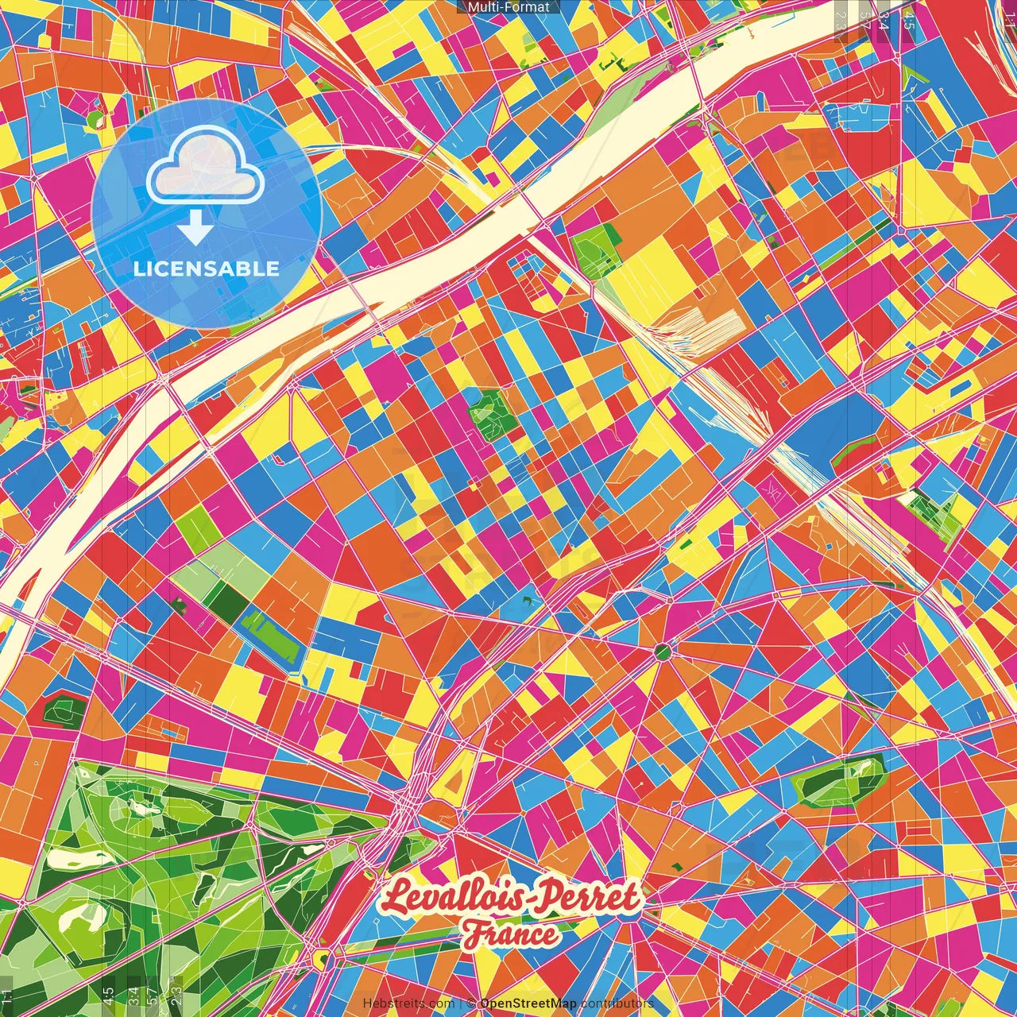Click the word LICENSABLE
(x=206, y=269)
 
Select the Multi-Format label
(x=508, y=7)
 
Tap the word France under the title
(x=510, y=934)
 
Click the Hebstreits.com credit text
(x=408, y=1003)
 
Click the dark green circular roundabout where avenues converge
(x=663, y=652)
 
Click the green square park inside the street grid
(x=489, y=412)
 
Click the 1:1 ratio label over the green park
(x=7, y=996)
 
